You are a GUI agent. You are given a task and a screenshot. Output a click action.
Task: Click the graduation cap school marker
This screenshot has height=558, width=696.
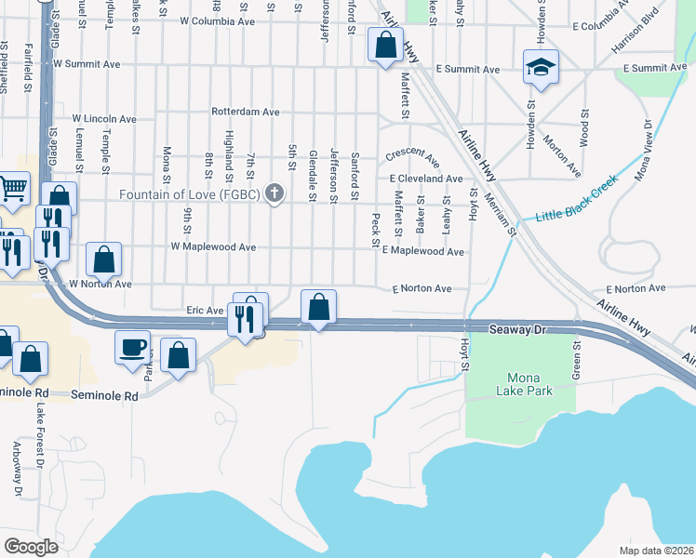[540, 67]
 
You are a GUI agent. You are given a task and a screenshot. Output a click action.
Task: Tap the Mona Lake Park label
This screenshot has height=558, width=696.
[530, 384]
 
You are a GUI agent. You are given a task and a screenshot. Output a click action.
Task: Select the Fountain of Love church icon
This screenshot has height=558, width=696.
[274, 194]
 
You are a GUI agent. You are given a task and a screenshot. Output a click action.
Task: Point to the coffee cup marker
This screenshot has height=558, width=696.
[132, 347]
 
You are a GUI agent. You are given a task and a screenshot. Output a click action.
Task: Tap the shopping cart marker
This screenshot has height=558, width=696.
[13, 188]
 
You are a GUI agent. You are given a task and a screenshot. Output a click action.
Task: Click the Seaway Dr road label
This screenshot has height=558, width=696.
[522, 329]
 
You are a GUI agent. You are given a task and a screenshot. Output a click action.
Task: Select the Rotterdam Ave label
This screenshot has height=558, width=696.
[246, 112]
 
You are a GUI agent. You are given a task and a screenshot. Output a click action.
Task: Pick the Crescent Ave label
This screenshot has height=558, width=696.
[412, 153]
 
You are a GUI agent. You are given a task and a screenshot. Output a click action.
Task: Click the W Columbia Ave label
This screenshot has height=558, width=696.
[216, 20]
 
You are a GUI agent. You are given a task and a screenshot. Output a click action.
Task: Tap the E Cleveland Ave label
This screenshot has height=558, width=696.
[426, 179]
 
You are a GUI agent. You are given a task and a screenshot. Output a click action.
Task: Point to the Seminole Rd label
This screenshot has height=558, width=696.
[104, 395]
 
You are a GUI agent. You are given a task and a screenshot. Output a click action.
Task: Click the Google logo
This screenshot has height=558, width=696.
[32, 546]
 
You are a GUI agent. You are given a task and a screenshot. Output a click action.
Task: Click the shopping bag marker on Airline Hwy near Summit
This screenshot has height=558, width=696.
[384, 45]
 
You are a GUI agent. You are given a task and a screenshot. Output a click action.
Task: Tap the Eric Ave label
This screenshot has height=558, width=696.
[206, 310]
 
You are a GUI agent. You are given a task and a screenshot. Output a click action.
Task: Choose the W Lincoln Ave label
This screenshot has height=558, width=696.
[97, 119]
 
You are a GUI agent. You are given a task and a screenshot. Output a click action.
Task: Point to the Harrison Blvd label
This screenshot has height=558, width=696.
[636, 29]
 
